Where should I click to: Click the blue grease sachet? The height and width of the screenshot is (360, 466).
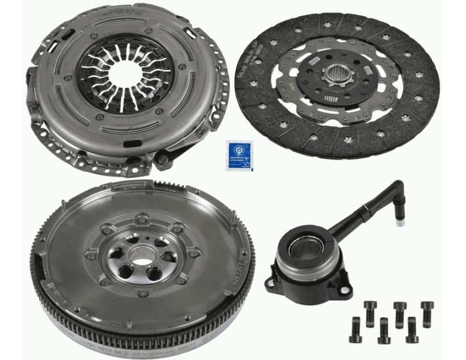pos(239,155)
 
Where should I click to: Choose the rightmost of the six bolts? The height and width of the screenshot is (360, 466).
pos(427,312)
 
